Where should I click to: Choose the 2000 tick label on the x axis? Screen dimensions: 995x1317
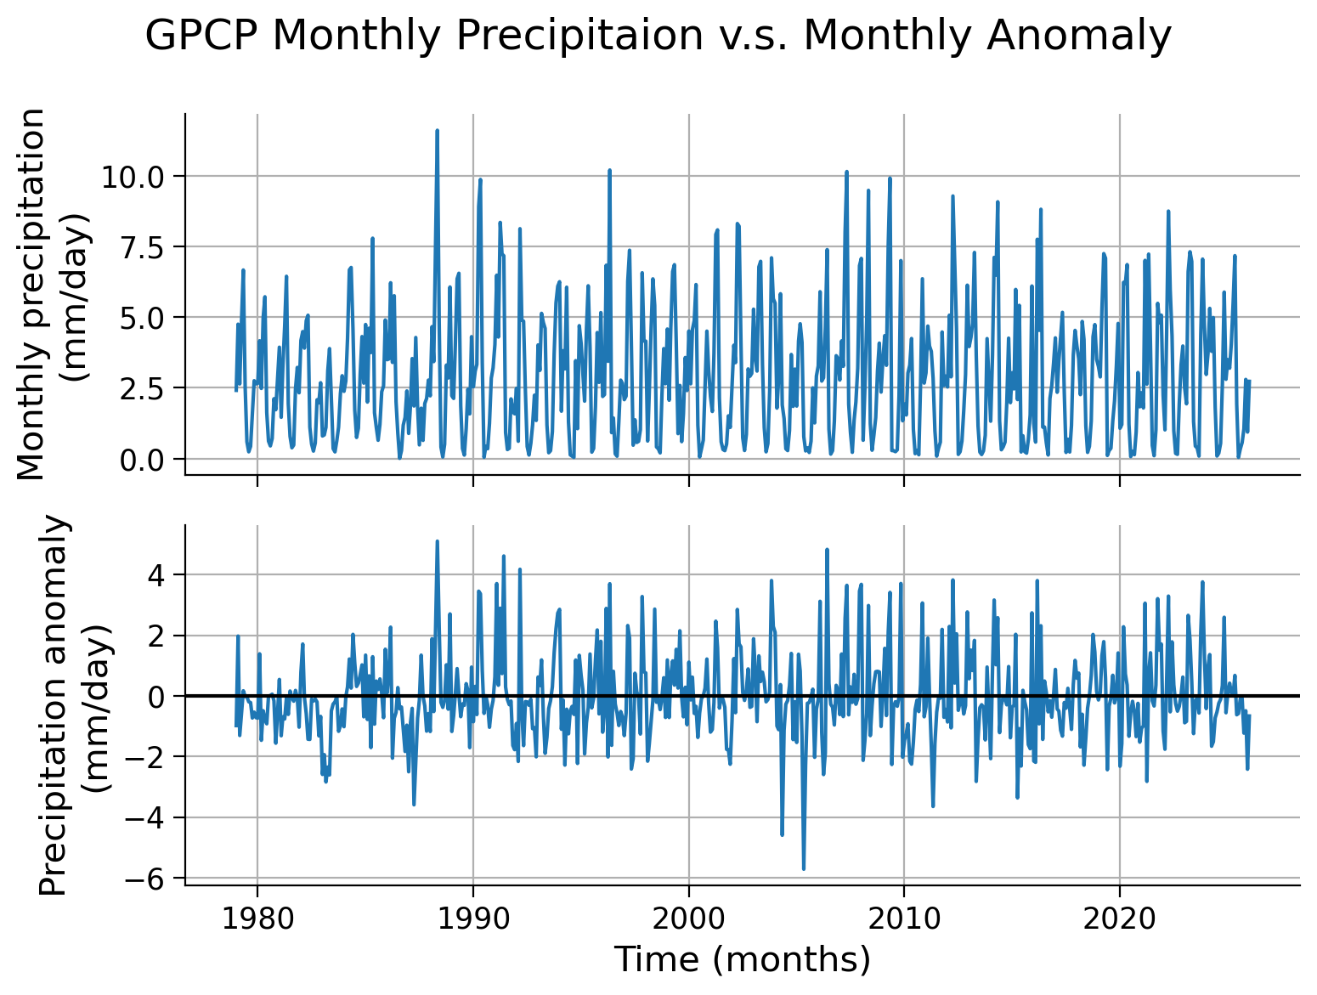(688, 920)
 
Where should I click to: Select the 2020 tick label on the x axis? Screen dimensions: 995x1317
(1119, 920)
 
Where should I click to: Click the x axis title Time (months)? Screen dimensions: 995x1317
(742, 959)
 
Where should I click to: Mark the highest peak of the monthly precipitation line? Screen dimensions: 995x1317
(437, 131)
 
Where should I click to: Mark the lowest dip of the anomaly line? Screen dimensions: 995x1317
(803, 868)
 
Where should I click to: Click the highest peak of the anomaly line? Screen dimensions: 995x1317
(437, 541)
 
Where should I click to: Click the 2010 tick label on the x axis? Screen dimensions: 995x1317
(903, 920)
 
